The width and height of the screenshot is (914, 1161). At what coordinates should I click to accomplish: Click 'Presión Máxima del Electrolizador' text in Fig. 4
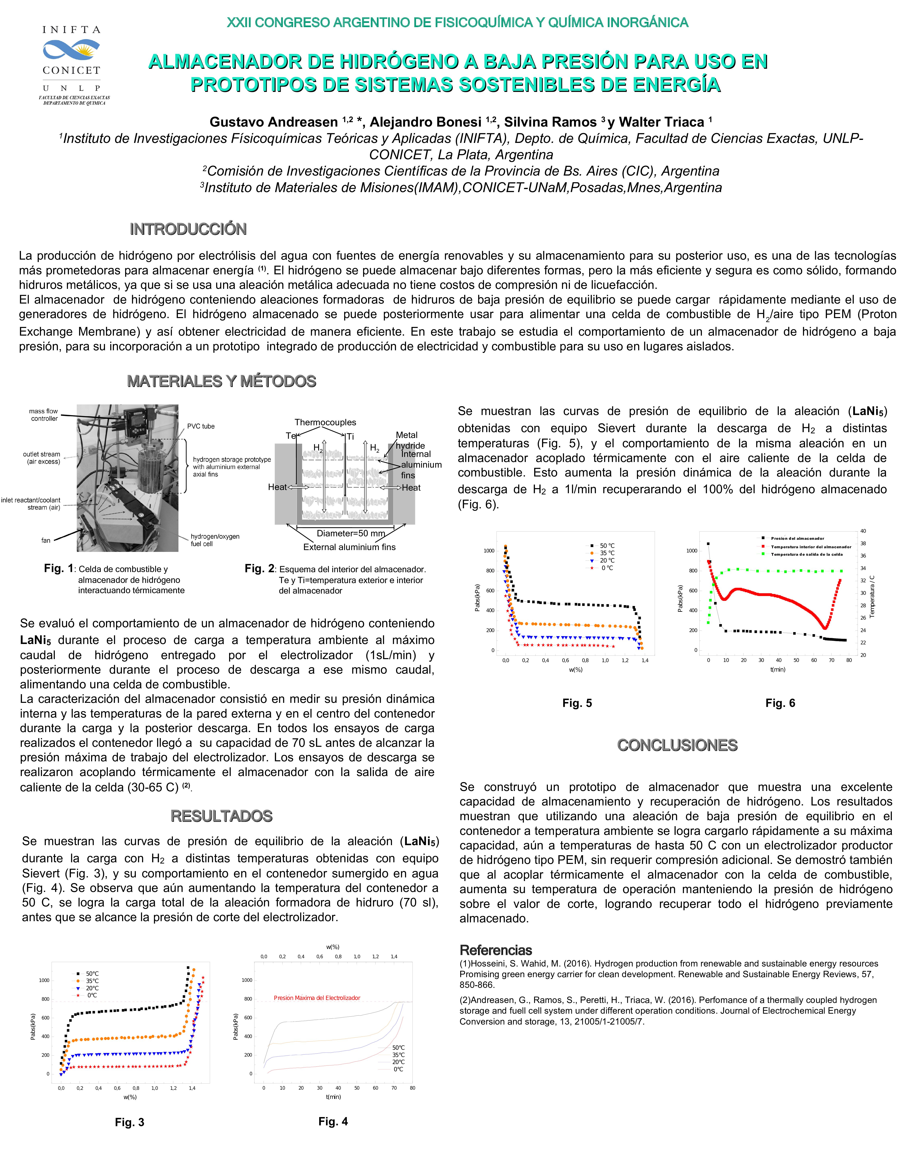point(317,998)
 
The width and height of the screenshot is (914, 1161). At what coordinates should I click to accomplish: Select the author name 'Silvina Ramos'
point(549,122)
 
